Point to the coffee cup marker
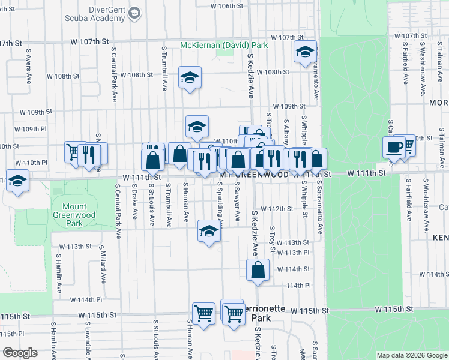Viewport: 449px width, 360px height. (394, 146)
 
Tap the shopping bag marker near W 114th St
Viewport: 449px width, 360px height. (258, 269)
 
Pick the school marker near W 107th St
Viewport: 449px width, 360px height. (305, 53)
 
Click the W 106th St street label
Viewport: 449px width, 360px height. (227, 5)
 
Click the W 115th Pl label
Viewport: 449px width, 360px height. (12, 333)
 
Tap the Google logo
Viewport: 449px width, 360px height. (20, 352)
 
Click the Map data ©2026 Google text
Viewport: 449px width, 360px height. (411, 355)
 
